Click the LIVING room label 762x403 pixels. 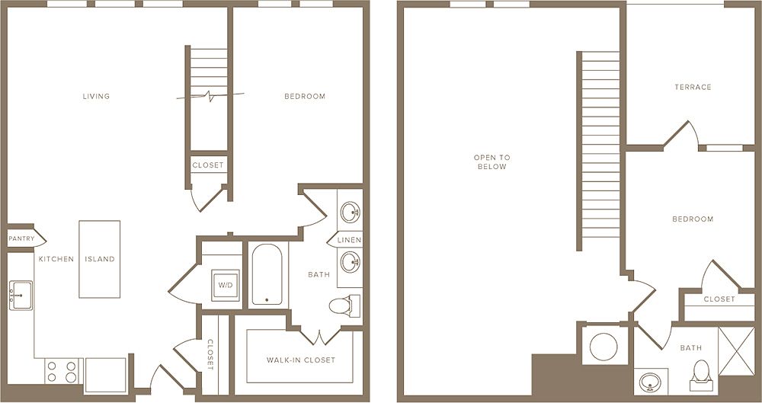click(x=97, y=96)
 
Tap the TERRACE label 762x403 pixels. click(x=693, y=87)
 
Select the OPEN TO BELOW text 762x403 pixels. click(x=491, y=162)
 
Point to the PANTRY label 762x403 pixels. click(x=21, y=238)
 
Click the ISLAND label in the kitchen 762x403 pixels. click(x=99, y=259)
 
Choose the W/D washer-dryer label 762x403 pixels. click(x=226, y=285)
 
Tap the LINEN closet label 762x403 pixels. click(x=350, y=241)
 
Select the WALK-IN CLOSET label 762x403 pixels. click(x=300, y=360)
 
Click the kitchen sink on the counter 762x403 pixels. click(x=21, y=295)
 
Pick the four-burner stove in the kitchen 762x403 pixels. click(x=62, y=372)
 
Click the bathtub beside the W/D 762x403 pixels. click(x=267, y=275)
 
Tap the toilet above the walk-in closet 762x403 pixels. click(x=341, y=306)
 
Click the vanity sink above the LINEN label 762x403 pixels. click(x=350, y=211)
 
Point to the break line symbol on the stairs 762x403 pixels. click(x=210, y=96)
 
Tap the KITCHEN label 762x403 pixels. click(x=56, y=259)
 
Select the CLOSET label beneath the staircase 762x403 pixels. click(x=208, y=165)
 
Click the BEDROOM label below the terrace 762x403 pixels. click(x=693, y=219)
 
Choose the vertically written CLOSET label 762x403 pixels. click(x=210, y=354)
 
